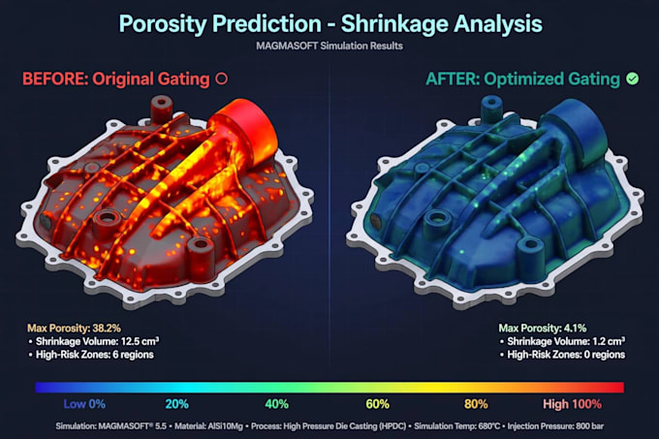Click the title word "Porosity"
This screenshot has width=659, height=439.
[163, 24]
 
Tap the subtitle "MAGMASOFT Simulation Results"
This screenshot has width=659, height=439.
[329, 46]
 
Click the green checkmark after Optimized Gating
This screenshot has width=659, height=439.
[632, 78]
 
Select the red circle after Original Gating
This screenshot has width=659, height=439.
[221, 78]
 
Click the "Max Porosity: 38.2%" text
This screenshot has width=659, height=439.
[74, 329]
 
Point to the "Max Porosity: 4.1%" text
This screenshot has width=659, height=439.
[543, 329]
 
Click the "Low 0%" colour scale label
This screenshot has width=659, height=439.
[84, 404]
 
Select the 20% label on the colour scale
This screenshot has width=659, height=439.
[176, 404]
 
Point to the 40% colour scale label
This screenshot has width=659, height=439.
[276, 404]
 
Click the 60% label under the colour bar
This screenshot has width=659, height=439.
[377, 404]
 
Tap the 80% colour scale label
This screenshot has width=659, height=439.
[476, 404]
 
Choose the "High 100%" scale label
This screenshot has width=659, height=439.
[572, 404]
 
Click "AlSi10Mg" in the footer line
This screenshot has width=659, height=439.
[225, 426]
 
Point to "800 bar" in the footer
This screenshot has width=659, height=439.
[589, 426]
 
